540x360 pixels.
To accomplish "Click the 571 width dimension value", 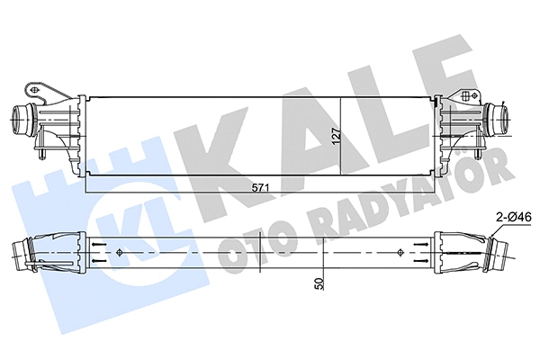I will [x=263, y=186].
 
